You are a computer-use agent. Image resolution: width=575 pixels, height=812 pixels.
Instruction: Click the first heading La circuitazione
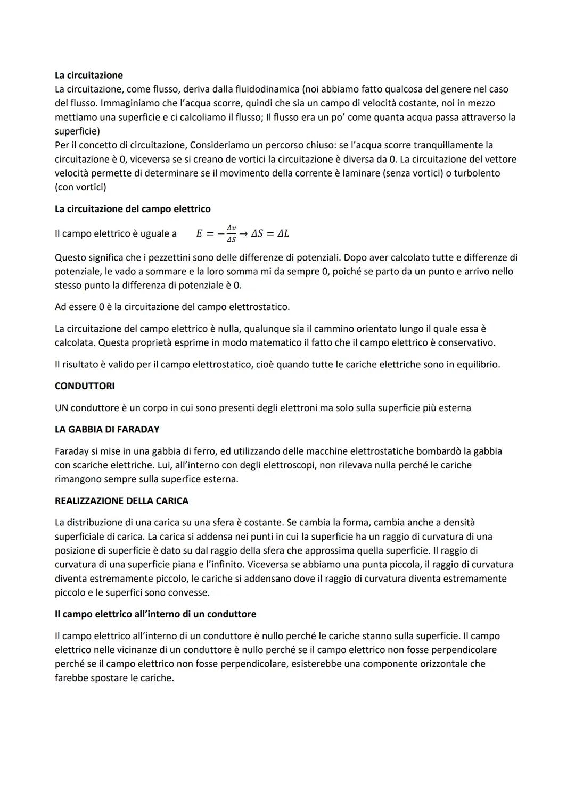pyautogui.click(x=88, y=75)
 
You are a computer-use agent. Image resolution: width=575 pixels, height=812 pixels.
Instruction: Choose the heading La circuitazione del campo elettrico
pyautogui.click(x=133, y=209)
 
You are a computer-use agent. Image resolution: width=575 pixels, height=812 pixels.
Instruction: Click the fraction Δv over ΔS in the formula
pyautogui.click(x=231, y=234)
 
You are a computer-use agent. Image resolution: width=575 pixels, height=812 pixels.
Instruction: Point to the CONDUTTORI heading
pyautogui.click(x=85, y=386)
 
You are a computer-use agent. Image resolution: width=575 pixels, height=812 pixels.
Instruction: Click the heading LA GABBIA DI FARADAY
pyautogui.click(x=107, y=429)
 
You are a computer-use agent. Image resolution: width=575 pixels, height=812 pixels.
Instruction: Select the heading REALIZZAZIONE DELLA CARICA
pyautogui.click(x=121, y=501)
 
